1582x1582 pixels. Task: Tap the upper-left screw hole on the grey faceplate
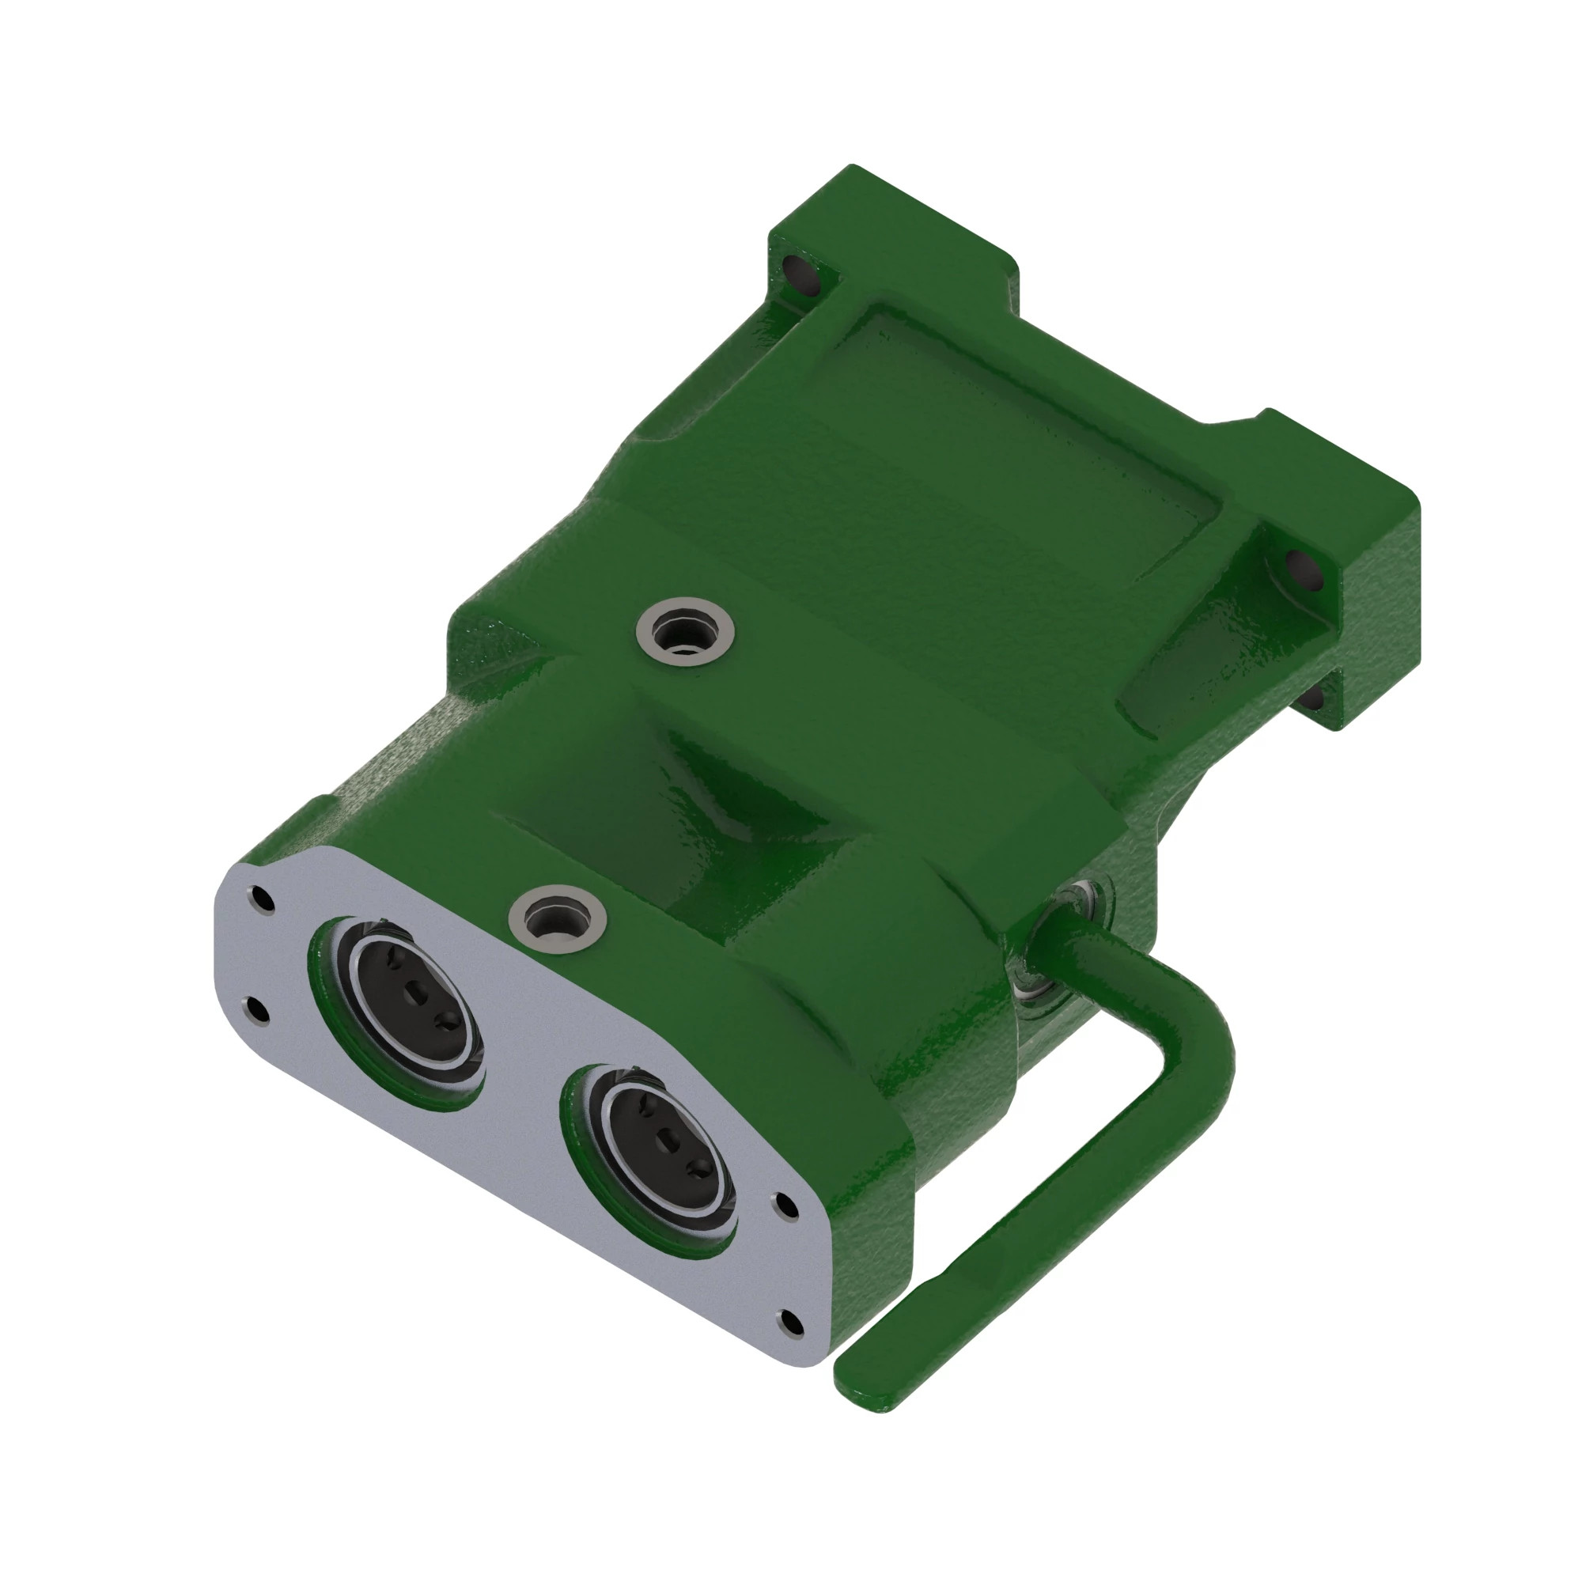[261, 899]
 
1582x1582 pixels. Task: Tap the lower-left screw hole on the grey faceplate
[257, 1010]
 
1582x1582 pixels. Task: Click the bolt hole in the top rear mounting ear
[805, 275]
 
